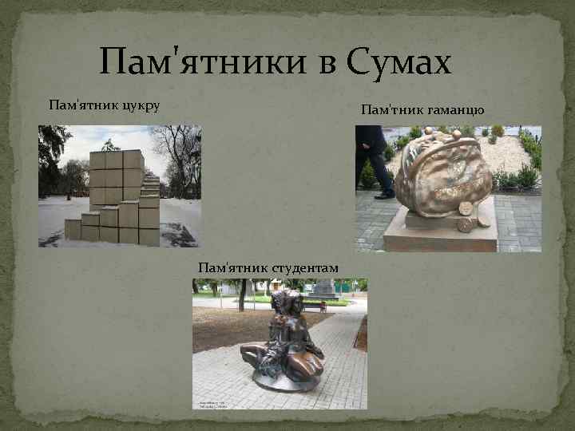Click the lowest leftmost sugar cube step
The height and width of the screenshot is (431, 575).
point(73,230)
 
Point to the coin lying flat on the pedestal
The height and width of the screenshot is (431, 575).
point(466,226)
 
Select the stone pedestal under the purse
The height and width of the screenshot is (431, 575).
point(439,236)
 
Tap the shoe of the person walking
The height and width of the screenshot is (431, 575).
point(384,194)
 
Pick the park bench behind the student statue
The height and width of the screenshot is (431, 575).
point(314,306)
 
